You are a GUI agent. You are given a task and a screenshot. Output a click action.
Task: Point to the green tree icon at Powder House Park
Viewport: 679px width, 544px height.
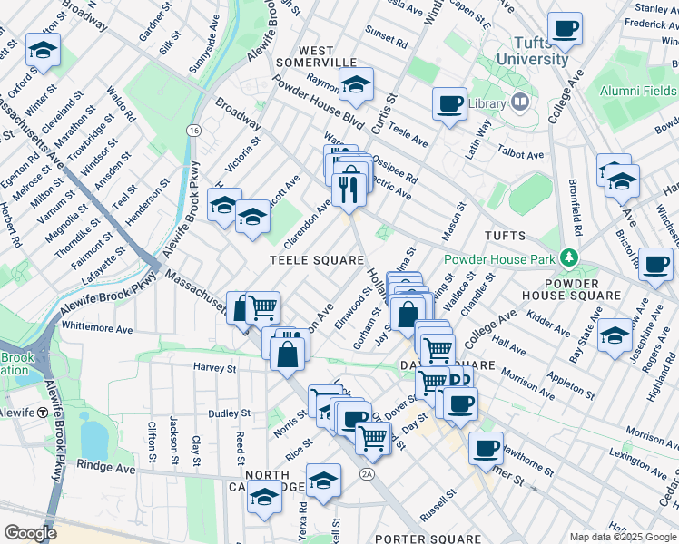[569, 257]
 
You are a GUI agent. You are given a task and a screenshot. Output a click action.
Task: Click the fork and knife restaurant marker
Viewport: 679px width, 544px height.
[349, 189]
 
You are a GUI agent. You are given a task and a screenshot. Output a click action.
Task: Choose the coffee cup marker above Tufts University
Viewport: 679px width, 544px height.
[566, 29]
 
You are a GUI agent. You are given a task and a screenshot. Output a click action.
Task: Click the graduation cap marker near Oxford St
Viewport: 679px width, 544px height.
[42, 51]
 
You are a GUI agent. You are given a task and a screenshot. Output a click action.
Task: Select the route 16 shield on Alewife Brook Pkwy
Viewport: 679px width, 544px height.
[193, 131]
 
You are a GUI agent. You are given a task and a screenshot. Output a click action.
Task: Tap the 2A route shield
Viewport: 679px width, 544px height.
[367, 472]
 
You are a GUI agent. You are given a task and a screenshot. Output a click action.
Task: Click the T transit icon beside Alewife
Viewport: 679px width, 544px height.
[43, 412]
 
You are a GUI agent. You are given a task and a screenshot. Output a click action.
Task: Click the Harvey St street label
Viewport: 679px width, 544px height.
[214, 368]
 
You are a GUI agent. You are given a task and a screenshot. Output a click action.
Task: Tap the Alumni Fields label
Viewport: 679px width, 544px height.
[637, 91]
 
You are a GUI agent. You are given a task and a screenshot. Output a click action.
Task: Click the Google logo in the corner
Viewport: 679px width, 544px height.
[29, 533]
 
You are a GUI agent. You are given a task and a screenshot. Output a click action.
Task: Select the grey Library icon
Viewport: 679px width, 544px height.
[520, 102]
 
